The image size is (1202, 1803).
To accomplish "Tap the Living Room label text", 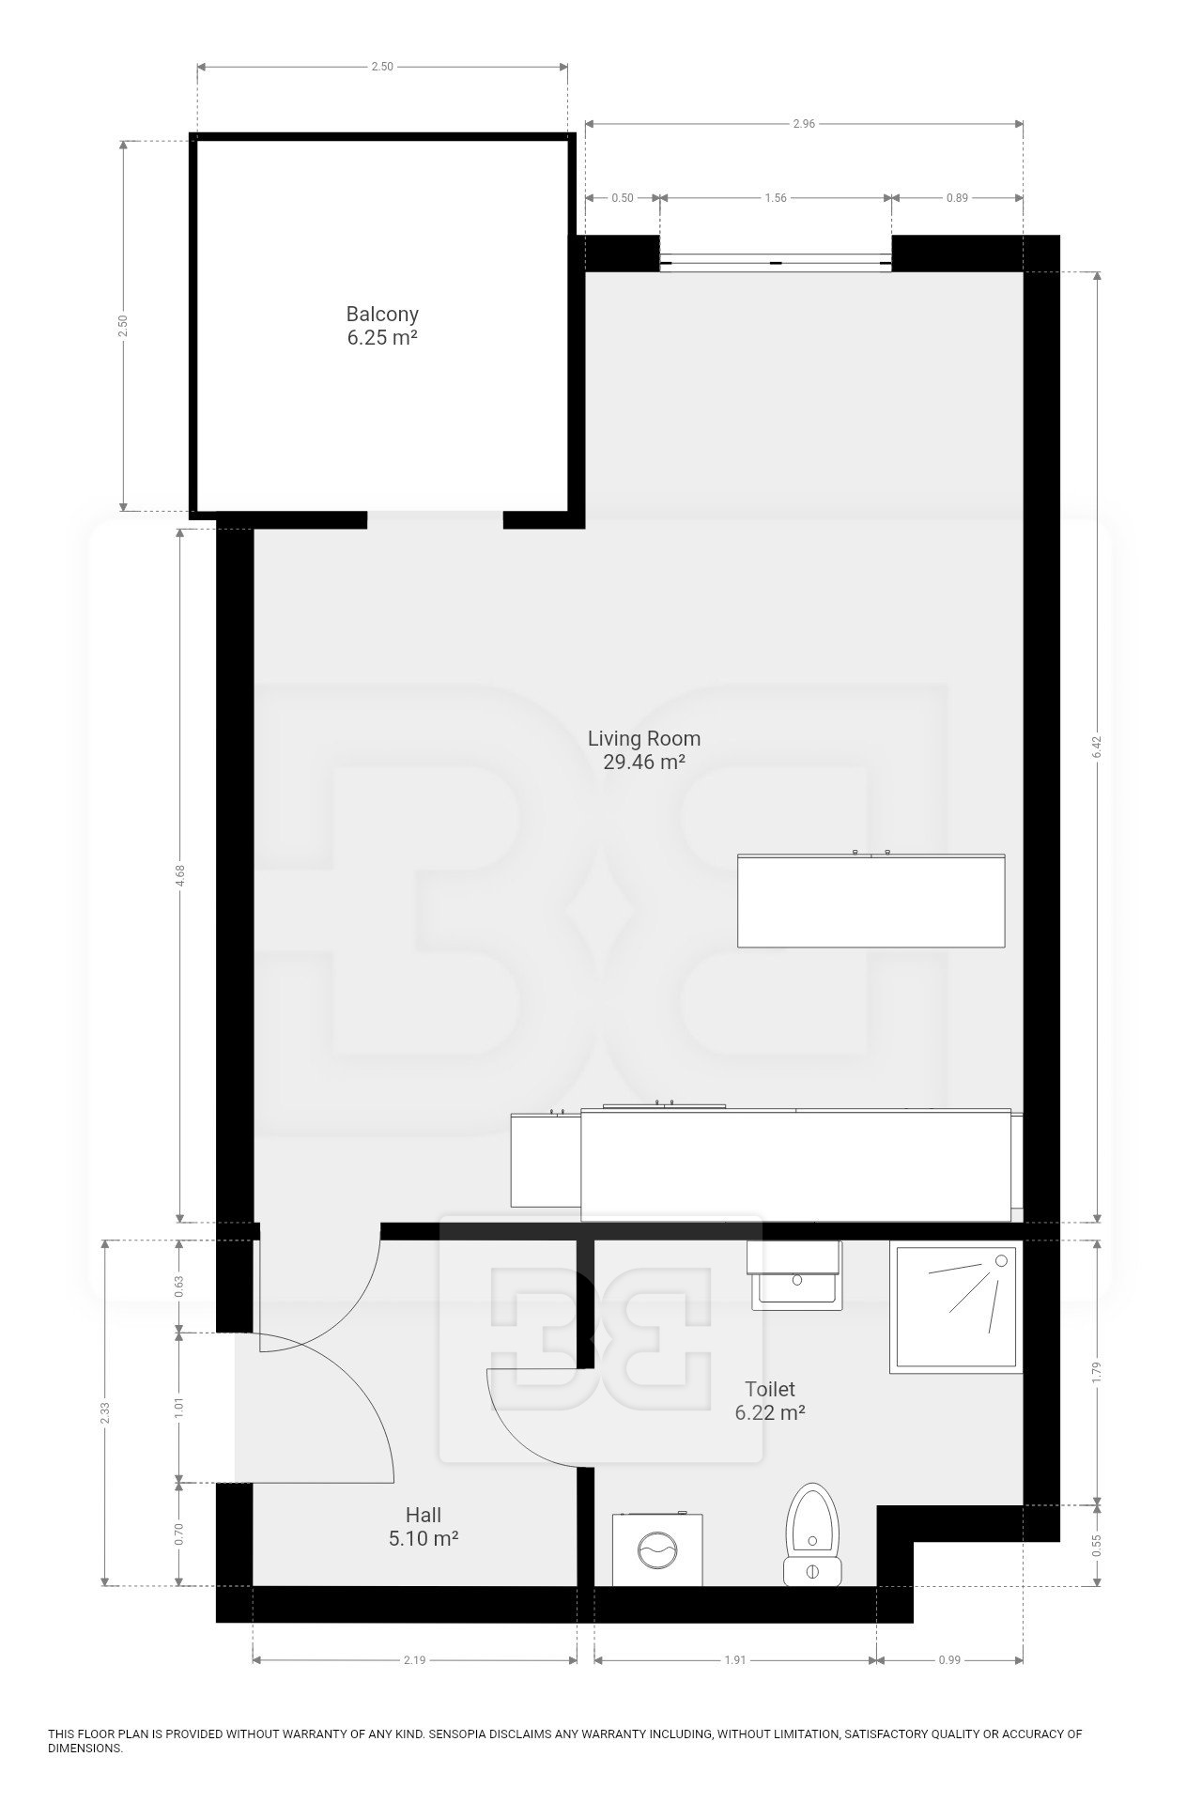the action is [644, 738].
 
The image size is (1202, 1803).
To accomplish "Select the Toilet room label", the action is [770, 1388].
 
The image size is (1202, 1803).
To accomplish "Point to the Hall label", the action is [424, 1514].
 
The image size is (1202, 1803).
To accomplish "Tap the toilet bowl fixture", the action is [814, 1533].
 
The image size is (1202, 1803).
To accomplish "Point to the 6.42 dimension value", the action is [1097, 747].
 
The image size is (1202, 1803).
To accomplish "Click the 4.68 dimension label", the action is [179, 875].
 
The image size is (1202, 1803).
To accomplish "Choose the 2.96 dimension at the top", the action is [804, 124].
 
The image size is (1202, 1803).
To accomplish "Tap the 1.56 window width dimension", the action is [776, 198].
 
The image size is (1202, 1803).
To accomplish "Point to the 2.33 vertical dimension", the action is [105, 1413].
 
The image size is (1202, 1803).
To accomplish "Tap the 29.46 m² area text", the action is [644, 762].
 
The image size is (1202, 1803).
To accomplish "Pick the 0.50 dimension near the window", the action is [623, 198].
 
